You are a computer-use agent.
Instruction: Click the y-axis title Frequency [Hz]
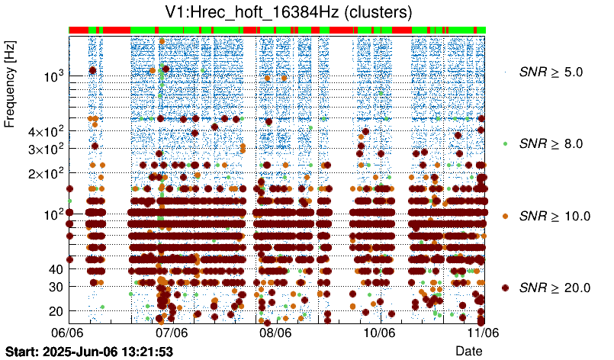pyautogui.click(x=10, y=85)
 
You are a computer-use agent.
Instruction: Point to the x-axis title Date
pyautogui.click(x=468, y=350)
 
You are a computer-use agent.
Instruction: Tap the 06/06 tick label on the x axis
pyautogui.click(x=68, y=333)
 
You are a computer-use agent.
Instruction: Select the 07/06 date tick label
pyautogui.click(x=172, y=333)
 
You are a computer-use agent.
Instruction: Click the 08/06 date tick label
pyautogui.click(x=275, y=333)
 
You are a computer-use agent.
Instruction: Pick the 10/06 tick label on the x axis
pyautogui.click(x=379, y=333)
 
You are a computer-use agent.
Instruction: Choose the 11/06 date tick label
pyautogui.click(x=482, y=333)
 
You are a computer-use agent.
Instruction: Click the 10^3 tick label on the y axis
pyautogui.click(x=53, y=76)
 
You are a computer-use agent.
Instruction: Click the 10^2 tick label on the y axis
pyautogui.click(x=53, y=214)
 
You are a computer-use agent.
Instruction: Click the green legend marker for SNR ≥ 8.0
pyautogui.click(x=505, y=143)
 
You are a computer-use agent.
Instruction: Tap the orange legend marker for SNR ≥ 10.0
pyautogui.click(x=505, y=216)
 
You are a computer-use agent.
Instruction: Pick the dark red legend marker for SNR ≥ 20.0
pyautogui.click(x=505, y=288)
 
